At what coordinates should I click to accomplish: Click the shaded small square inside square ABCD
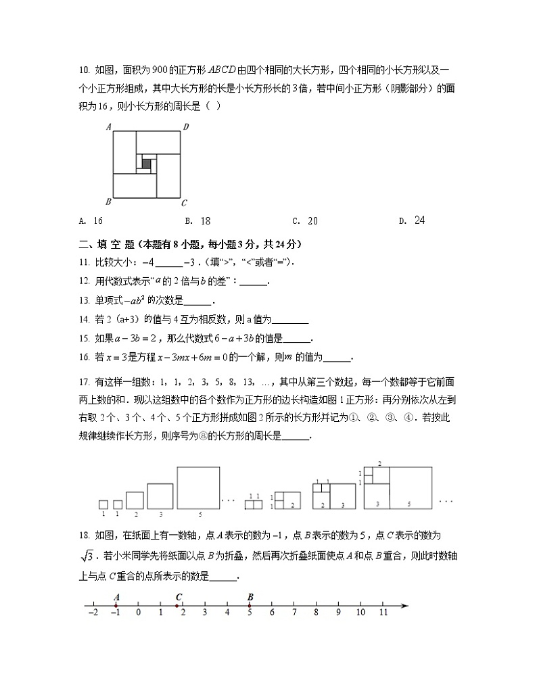click(146, 164)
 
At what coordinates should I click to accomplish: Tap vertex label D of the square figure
click(186, 126)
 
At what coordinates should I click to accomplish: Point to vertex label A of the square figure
click(108, 126)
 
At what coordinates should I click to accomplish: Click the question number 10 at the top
click(84, 69)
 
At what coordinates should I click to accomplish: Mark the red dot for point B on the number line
click(250, 605)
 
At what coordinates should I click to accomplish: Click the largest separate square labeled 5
click(199, 487)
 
